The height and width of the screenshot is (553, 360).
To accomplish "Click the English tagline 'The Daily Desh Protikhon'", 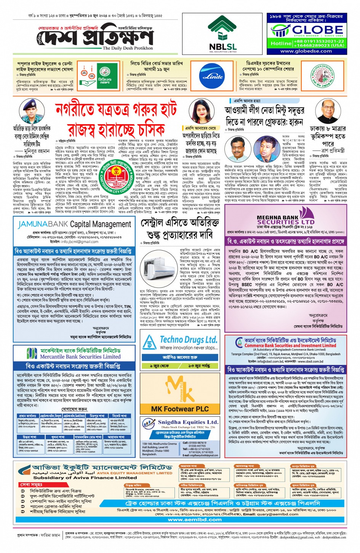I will coord(128,48).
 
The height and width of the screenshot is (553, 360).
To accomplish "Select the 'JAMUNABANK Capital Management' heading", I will coord(74,224).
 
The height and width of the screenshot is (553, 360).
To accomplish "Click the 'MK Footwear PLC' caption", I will coord(180,409).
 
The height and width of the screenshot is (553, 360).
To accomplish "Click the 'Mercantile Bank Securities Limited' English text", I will coord(80,357).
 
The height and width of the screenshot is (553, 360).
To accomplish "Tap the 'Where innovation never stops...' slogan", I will coord(189,348).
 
